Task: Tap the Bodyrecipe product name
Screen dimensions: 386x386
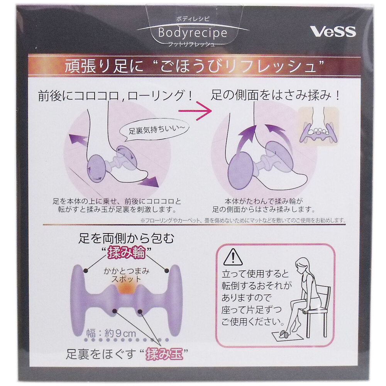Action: pyautogui.click(x=193, y=33)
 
